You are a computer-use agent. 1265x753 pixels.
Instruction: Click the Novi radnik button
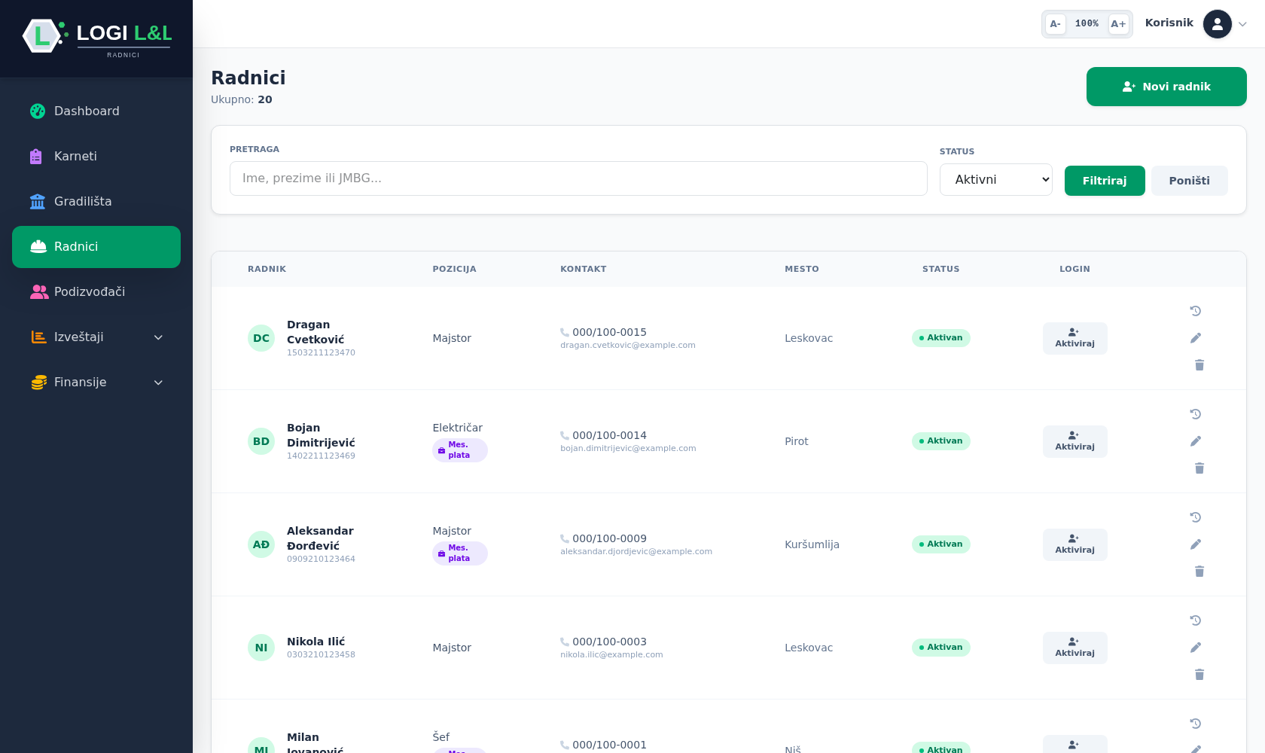(1166, 87)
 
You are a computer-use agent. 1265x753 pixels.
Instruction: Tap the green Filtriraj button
(1105, 181)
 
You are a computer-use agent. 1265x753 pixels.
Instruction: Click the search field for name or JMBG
(578, 178)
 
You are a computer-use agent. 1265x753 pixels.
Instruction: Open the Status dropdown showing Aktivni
(995, 180)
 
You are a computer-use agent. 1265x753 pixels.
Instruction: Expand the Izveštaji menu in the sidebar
(96, 337)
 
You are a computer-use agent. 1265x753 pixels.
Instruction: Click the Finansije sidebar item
(96, 383)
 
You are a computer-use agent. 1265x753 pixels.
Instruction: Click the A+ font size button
(1118, 24)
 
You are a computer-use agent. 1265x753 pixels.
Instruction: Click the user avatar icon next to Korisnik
(1217, 24)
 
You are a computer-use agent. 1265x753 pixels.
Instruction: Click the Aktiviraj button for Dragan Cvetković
(1074, 338)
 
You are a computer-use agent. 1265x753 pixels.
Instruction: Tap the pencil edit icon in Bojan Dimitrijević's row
(1196, 441)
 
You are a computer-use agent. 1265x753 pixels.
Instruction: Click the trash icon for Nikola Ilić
(1199, 675)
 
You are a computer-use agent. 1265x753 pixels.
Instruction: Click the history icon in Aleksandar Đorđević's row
(1196, 517)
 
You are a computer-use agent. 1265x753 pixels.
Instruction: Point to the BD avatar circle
(261, 441)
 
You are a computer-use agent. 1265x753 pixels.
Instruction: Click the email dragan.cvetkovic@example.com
(627, 345)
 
